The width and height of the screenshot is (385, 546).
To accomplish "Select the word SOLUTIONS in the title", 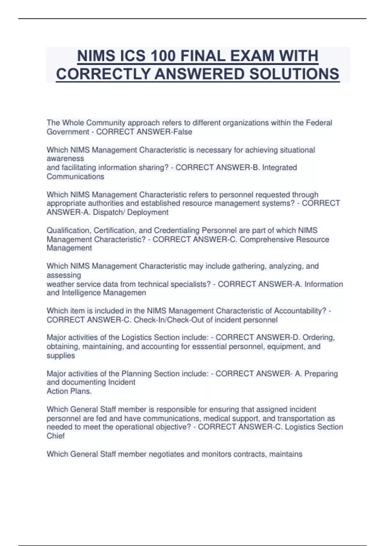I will (x=294, y=74).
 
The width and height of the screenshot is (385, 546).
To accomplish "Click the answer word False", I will (x=183, y=132).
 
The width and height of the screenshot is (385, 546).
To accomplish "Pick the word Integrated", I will (x=279, y=168).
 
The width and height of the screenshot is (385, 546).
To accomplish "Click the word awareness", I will (x=65, y=159).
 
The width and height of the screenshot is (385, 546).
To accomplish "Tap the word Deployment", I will (x=148, y=212).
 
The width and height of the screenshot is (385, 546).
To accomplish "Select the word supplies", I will (x=61, y=356).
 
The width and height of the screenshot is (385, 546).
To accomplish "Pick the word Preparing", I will (x=321, y=374).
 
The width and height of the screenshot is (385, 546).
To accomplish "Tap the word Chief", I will (x=56, y=436).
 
